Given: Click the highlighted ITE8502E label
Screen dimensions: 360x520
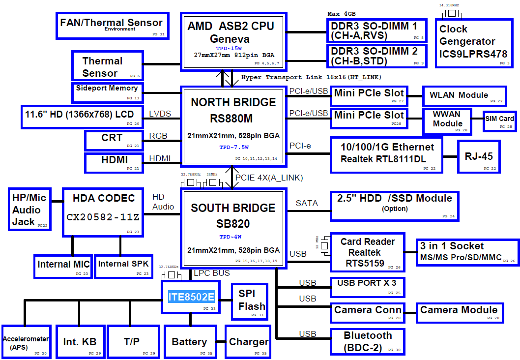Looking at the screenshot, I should (191, 297).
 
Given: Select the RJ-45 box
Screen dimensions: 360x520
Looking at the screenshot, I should (479, 156).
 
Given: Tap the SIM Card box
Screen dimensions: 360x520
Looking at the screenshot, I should (499, 120).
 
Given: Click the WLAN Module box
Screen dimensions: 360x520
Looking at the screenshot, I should (464, 96).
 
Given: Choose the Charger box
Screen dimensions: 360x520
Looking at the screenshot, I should (248, 342).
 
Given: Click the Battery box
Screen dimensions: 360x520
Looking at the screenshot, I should (189, 342).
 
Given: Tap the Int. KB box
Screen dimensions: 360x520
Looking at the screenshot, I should (80, 342).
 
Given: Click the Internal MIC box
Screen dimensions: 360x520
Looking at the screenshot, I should (63, 266).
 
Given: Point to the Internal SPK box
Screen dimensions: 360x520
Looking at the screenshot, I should (124, 266).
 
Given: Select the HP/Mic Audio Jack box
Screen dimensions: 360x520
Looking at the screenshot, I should (29, 209).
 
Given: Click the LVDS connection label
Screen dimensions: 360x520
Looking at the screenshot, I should (160, 114).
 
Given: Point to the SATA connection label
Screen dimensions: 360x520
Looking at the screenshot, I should (307, 203).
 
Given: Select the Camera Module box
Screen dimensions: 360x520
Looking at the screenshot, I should (459, 312).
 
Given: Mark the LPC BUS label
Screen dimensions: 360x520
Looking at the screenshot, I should (212, 273).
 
